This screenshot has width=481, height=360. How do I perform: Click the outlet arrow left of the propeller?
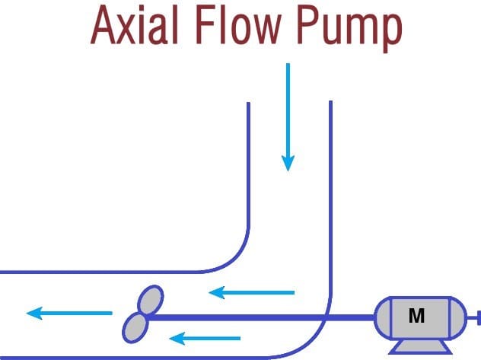[68, 313]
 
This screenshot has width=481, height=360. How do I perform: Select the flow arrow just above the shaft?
[251, 292]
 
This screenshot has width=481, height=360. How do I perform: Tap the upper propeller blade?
[150, 299]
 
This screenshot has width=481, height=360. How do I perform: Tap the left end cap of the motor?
[383, 317]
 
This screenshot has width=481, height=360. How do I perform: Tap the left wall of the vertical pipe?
[249, 167]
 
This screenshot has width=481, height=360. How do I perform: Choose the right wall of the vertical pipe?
[331, 190]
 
